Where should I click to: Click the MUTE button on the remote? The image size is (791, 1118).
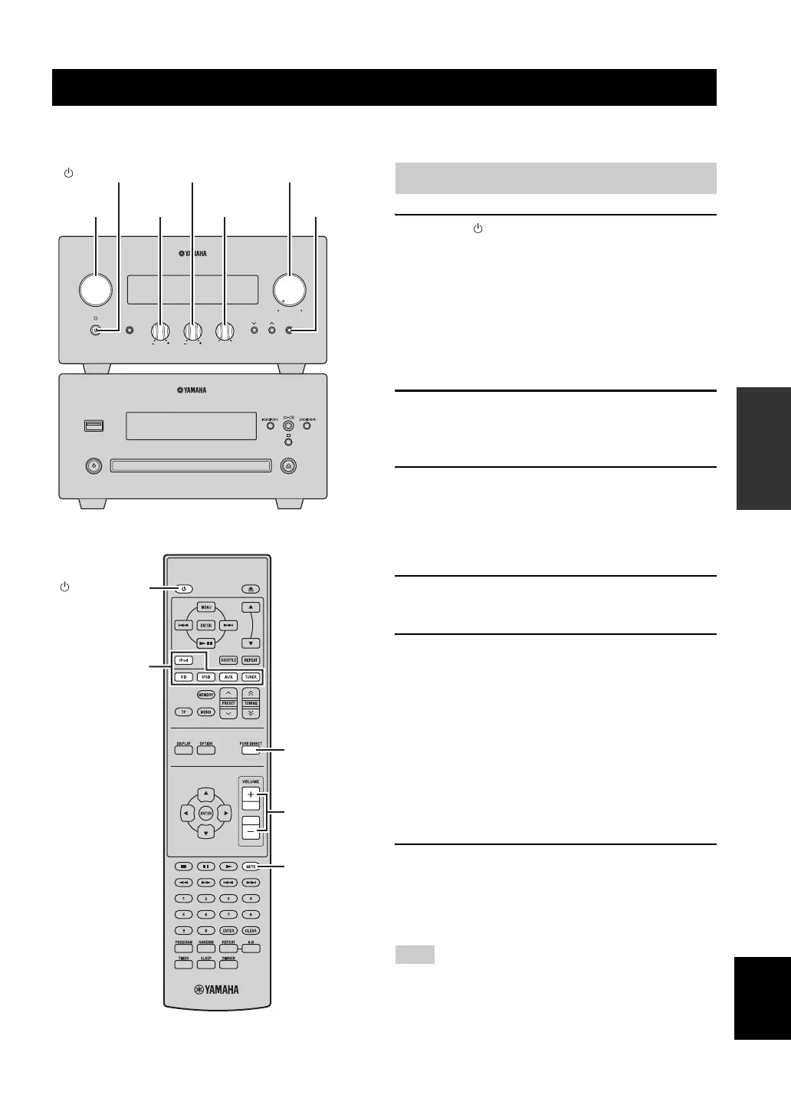[251, 866]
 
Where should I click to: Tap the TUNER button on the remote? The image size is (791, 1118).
[251, 677]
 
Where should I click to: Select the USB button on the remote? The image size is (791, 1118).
[206, 677]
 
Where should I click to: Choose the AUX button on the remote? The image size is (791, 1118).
[228, 677]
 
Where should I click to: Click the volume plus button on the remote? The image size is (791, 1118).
[250, 795]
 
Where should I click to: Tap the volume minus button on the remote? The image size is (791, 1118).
[250, 831]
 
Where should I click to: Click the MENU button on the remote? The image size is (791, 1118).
[205, 607]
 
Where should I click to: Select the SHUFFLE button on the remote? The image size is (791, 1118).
[228, 660]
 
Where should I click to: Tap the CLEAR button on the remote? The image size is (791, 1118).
[251, 930]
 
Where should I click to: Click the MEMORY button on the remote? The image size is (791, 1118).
[205, 695]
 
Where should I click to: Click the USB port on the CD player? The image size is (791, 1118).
[94, 426]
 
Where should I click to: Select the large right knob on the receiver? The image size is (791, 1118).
[290, 288]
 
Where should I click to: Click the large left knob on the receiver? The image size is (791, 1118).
[96, 288]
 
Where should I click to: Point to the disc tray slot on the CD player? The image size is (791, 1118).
[191, 465]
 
